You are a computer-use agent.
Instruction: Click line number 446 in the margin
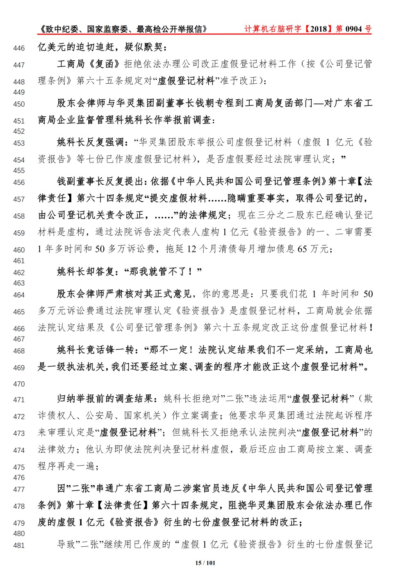coord(19,48)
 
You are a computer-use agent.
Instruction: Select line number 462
coord(19,273)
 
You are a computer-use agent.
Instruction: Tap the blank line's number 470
coord(19,384)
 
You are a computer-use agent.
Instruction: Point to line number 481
coord(19,546)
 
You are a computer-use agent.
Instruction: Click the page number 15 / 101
coord(205,563)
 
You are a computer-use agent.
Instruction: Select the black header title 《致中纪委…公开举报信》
coord(123,29)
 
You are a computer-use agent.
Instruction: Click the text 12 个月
coord(202,249)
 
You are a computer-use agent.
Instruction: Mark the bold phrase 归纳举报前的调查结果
coord(105,399)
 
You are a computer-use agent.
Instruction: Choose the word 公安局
coord(99,415)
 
